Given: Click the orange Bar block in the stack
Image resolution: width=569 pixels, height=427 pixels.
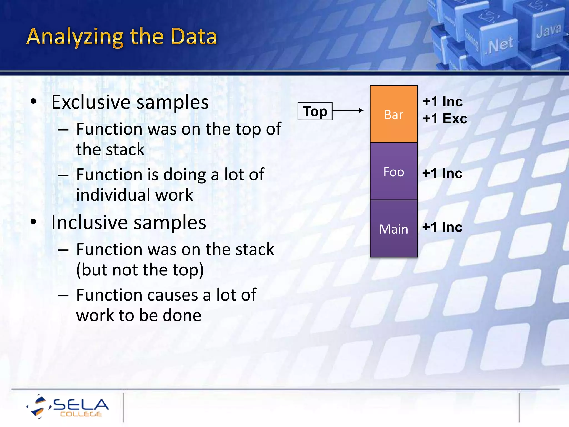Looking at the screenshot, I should pyautogui.click(x=393, y=114).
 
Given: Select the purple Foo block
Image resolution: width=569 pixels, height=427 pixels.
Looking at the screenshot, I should pyautogui.click(x=393, y=172).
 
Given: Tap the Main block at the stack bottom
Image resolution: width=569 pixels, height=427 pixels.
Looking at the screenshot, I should pyautogui.click(x=393, y=229).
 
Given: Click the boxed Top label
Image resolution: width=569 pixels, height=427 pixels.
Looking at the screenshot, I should pyautogui.click(x=315, y=111).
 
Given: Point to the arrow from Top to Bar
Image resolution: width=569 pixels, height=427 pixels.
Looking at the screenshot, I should pyautogui.click(x=348, y=110).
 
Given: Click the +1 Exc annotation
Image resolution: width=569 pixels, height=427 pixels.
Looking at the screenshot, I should pyautogui.click(x=445, y=119).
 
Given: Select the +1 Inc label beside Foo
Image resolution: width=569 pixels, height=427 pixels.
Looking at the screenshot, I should pyautogui.click(x=442, y=173).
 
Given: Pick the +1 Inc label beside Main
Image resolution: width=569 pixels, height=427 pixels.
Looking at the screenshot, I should pyautogui.click(x=442, y=227).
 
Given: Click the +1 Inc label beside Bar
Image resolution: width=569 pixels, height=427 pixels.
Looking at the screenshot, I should pyautogui.click(x=442, y=101).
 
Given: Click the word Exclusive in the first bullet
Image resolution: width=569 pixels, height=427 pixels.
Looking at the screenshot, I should pyautogui.click(x=91, y=102).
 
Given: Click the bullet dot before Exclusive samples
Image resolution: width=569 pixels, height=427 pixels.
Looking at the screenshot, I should pyautogui.click(x=33, y=102).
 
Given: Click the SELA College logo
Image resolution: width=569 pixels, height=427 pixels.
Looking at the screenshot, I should pyautogui.click(x=68, y=406).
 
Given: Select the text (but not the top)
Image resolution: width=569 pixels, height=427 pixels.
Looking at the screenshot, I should pyautogui.click(x=140, y=270).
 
